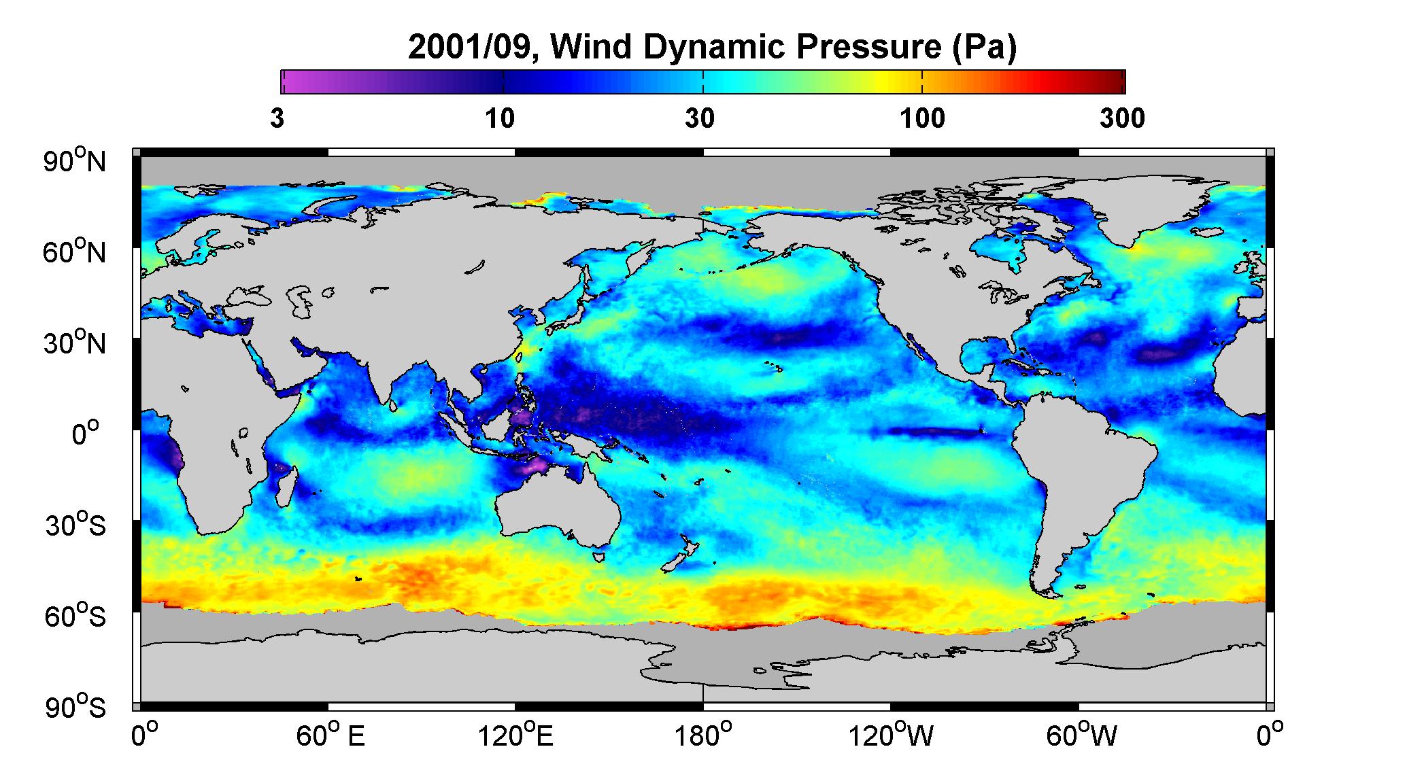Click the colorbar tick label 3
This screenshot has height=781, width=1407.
tap(277, 119)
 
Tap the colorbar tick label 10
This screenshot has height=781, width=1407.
tap(500, 119)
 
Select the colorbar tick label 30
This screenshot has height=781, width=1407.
tap(700, 119)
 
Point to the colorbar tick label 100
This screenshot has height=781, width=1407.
tap(922, 119)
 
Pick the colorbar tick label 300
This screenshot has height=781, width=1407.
tap(1122, 119)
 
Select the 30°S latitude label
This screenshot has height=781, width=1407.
tap(75, 525)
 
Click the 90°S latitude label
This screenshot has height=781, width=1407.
tap(75, 707)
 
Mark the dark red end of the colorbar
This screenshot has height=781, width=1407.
tap(1115, 82)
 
